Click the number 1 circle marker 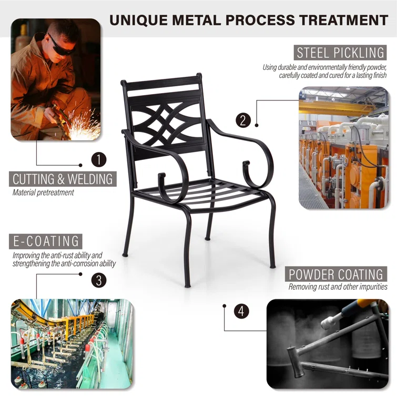99,159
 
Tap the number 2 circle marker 243,120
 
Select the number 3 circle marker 99,280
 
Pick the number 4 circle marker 241,311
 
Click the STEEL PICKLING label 340,53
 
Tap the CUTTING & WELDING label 63,179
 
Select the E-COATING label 46,241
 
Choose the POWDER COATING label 336,274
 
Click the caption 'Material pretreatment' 43,192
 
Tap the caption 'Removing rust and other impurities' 338,287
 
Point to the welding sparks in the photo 84,127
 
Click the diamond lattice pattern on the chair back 166,124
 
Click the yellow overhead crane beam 337,107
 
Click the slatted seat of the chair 202,193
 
